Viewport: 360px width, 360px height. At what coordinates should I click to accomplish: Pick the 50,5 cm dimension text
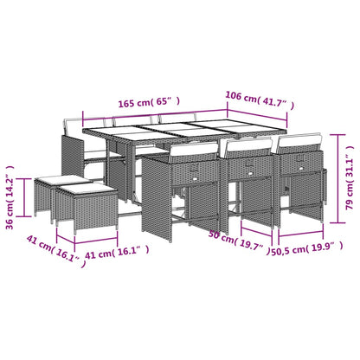pos(288,253)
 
